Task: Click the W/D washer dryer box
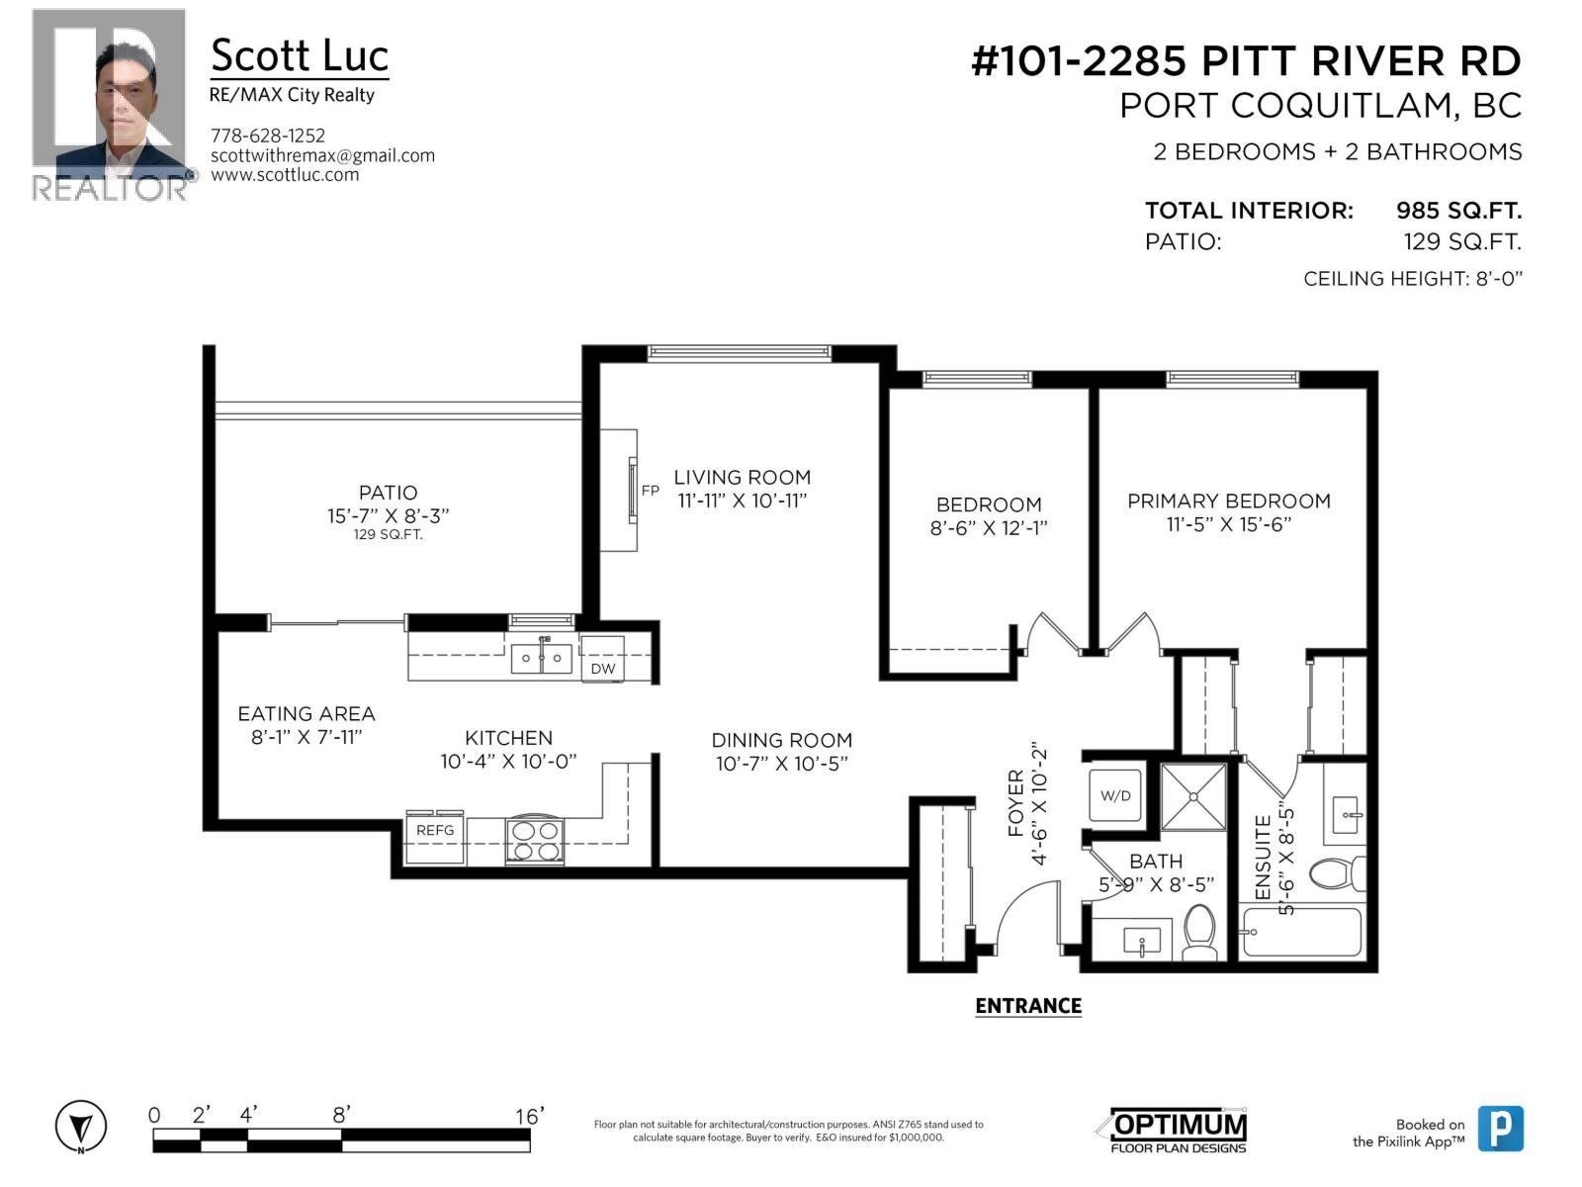pyautogui.click(x=1116, y=795)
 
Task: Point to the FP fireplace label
pyautogui.click(x=650, y=491)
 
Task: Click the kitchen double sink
pyautogui.click(x=541, y=658)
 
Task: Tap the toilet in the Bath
pyautogui.click(x=1199, y=932)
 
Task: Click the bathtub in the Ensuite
pyautogui.click(x=1300, y=932)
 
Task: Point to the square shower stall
pyautogui.click(x=1193, y=796)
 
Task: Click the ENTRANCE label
pyautogui.click(x=1028, y=1006)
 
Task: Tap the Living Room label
pyautogui.click(x=742, y=477)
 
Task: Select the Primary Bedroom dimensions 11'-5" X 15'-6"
pyautogui.click(x=1229, y=524)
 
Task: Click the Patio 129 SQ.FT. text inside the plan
pyautogui.click(x=388, y=535)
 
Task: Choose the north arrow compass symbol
pyautogui.click(x=81, y=1127)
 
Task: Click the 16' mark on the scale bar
pyautogui.click(x=529, y=1117)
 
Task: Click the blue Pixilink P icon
pyautogui.click(x=1500, y=1129)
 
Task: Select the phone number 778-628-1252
pyautogui.click(x=268, y=136)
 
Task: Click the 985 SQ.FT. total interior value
pyautogui.click(x=1457, y=210)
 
